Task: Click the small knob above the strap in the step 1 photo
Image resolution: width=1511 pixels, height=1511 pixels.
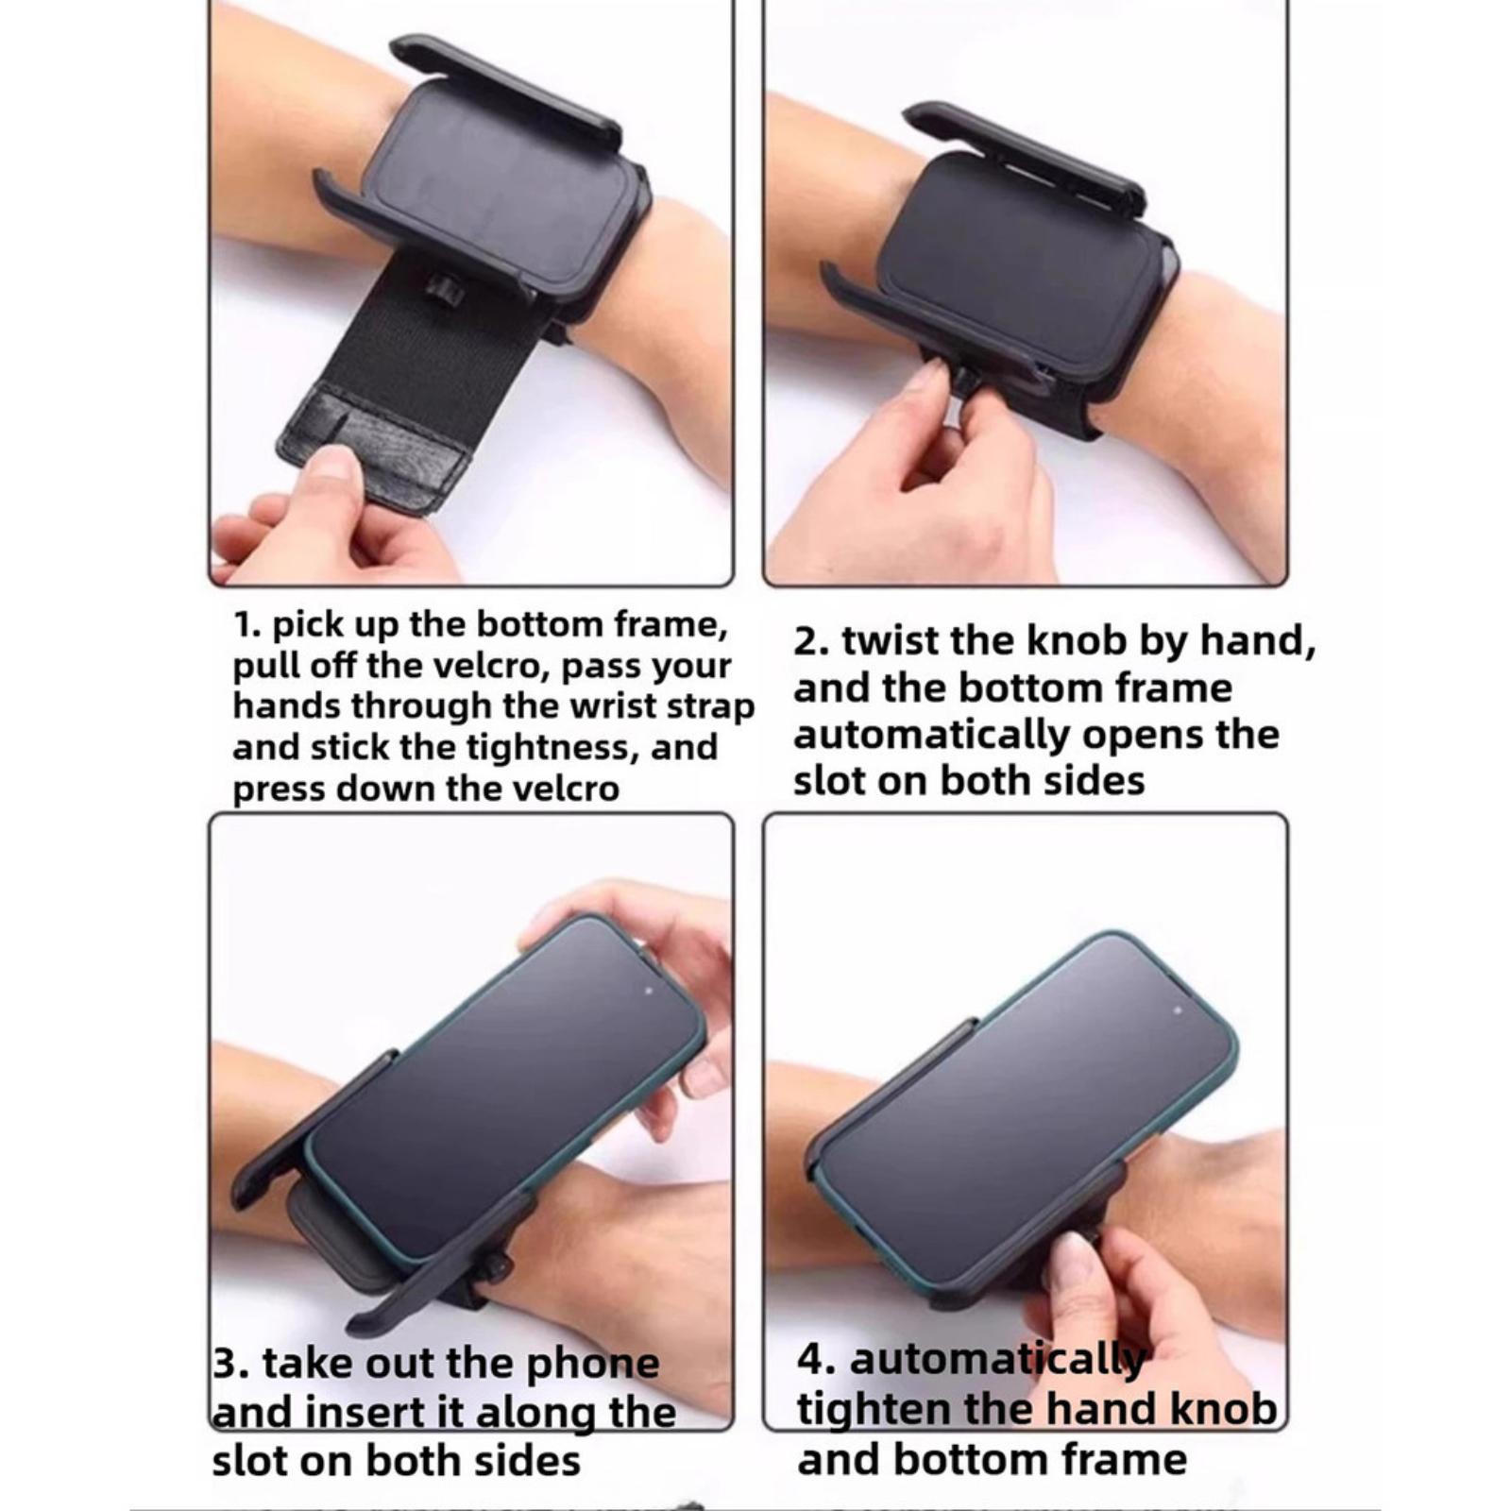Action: (445, 290)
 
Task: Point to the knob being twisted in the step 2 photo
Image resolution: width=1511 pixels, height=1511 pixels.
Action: (965, 382)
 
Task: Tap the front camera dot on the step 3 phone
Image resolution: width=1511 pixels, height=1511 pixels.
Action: (647, 993)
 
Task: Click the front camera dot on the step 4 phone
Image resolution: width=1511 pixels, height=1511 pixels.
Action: (1177, 1010)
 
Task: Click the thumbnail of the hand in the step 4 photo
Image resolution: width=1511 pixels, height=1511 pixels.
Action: (1071, 1262)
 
